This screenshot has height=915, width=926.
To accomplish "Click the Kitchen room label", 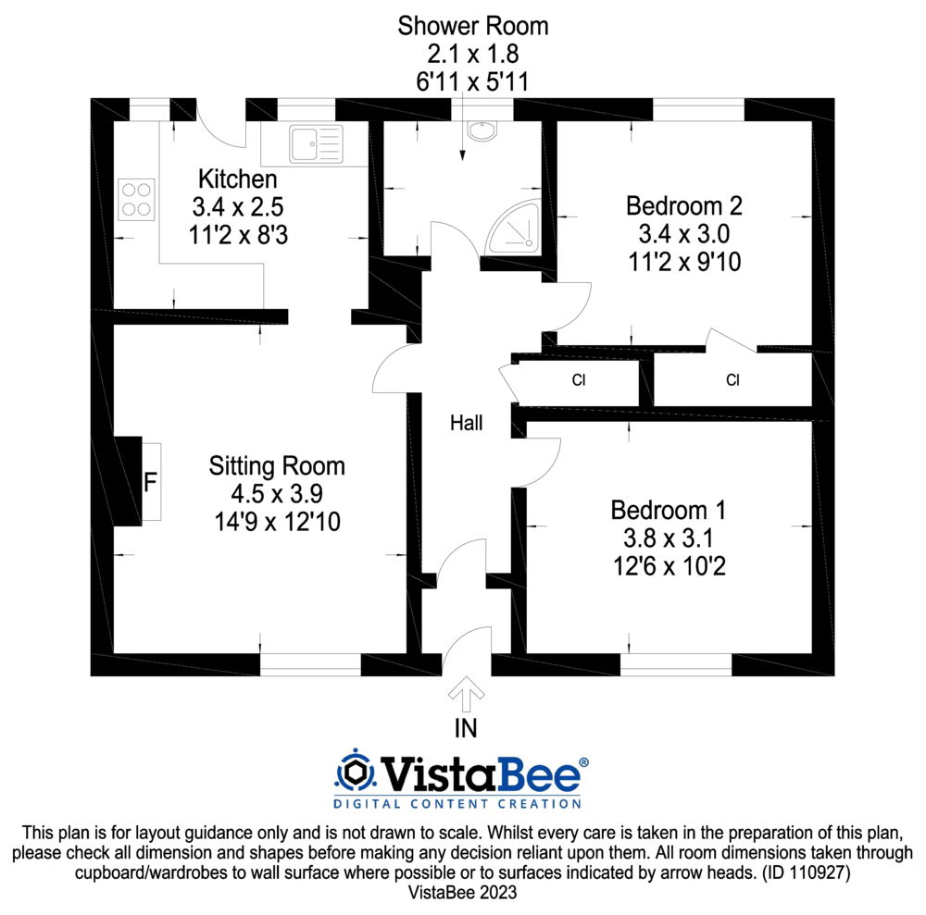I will pos(238,179).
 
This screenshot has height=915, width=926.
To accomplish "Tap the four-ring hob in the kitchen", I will pos(136,199).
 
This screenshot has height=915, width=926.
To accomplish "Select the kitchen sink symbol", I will pos(315,144).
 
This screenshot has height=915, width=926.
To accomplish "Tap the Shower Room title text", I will pos(472,26).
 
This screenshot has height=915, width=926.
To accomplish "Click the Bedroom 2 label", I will pos(684,204).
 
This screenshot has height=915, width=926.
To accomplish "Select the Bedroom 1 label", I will pos(668,510).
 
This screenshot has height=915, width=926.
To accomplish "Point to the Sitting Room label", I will pos(276,465).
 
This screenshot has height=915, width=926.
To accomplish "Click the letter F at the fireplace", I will pos(149,482).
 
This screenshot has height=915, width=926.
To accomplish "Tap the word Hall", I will pos(466,424).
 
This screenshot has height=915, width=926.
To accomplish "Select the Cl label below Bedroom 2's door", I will pos(732,379).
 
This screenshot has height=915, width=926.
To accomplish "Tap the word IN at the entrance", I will pos(465,728).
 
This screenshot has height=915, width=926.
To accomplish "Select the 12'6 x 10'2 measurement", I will pos(668,564).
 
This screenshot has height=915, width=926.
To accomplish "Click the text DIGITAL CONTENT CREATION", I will pos(457,803).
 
